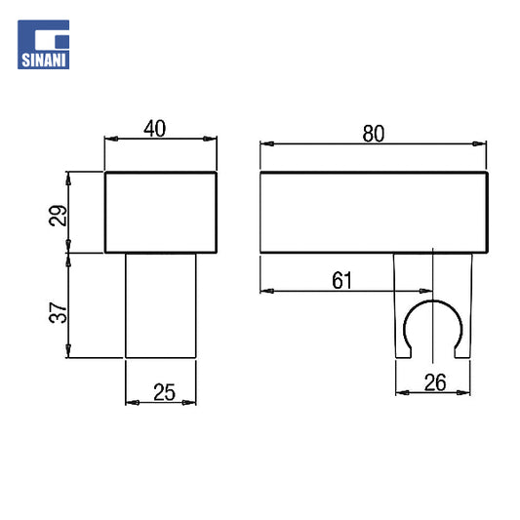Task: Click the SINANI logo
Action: pos(44,45)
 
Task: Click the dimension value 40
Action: pos(154,129)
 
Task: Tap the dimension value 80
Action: pos(374,134)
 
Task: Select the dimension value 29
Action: pos(58,216)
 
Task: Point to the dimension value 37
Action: pos(58,312)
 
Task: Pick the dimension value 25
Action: pos(164,392)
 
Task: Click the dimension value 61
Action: pos(341,281)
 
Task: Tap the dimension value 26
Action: pos(435,382)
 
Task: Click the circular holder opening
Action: pos(433,301)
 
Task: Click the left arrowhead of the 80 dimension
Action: pos(267,144)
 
